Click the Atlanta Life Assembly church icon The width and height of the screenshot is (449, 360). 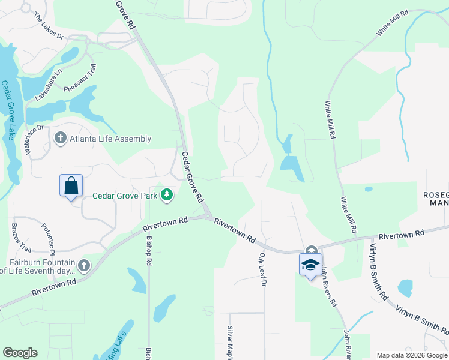coord(60,139)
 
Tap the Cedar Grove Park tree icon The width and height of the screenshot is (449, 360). coord(167,195)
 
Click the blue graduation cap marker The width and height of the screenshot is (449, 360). coord(310,265)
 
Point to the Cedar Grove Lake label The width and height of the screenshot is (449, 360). coord(8,111)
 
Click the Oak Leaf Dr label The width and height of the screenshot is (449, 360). coord(262,269)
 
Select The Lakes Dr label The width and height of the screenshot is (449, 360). coord(49,26)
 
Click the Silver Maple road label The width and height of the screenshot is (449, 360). coord(229,342)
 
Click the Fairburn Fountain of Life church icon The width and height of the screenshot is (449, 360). coord(83,265)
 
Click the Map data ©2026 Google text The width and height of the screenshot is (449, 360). coord(412,355)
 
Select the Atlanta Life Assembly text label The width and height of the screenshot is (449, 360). coord(110,139)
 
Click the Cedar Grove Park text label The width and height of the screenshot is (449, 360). coord(124,196)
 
